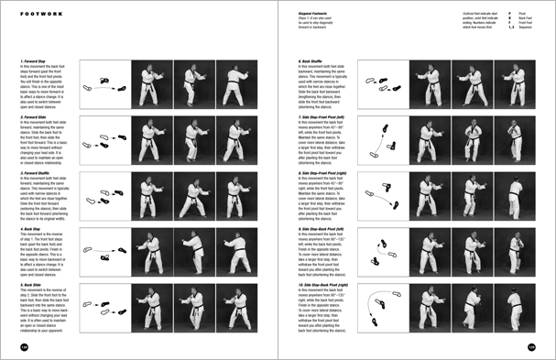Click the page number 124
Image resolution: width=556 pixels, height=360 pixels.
14,349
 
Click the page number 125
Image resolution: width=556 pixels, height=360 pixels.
542,349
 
